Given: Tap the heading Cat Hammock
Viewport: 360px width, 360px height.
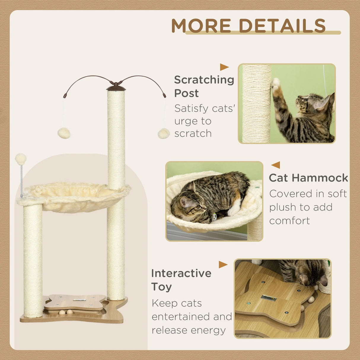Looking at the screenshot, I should click(308, 178).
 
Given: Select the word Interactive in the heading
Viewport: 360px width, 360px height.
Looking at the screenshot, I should click(181, 273).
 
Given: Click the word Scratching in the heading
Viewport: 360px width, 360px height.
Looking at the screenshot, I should click(204, 80).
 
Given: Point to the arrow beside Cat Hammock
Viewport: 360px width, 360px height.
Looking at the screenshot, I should click(275, 165).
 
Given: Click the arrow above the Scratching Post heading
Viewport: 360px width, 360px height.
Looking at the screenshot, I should click(224, 67).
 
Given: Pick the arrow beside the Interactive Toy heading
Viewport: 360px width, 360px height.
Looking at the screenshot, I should click(223, 265).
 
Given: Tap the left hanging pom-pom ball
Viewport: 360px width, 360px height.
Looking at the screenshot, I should click(64, 133).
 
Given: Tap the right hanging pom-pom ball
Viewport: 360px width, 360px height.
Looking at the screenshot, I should click(163, 133).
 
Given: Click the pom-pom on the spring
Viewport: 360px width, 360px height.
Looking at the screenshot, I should click(21, 159).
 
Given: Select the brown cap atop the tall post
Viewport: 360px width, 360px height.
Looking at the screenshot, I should click(116, 87).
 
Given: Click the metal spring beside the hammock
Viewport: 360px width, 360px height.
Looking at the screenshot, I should click(21, 181).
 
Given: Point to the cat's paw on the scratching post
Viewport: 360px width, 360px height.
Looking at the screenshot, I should click(276, 84).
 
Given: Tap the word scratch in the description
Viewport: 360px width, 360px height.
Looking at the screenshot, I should click(193, 133).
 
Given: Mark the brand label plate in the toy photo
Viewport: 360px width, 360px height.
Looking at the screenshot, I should click(269, 298).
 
